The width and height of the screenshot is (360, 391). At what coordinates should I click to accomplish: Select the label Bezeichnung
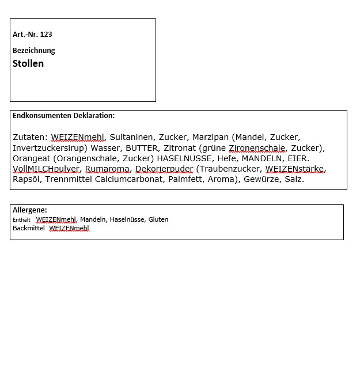point(34,51)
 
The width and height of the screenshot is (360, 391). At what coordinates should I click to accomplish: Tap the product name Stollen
point(28,63)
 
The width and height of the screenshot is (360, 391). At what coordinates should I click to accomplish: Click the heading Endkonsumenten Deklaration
point(63,116)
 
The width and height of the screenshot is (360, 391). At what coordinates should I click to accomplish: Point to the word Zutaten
point(29,137)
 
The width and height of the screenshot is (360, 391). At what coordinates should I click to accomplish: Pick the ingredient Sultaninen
point(131,137)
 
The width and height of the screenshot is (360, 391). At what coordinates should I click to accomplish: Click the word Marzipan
point(210,137)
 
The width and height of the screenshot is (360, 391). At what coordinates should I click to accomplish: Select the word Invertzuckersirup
point(49,147)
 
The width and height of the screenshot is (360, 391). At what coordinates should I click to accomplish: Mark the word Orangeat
point(33,158)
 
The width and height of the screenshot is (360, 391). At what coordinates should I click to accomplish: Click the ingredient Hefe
point(226,158)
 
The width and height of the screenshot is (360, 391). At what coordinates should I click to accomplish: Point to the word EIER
point(298,158)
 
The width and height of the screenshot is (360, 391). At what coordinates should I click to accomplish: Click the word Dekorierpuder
point(164,169)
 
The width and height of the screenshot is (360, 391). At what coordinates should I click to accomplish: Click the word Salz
point(294,179)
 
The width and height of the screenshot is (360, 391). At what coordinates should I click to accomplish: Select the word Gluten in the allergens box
point(157,219)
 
